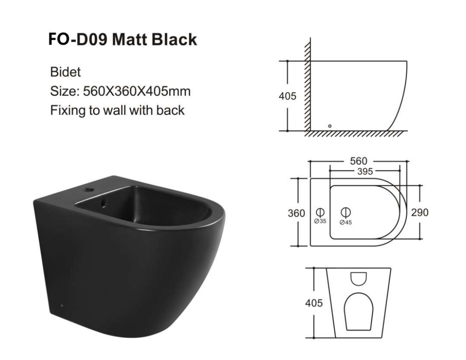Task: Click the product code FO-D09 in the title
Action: [x=78, y=39]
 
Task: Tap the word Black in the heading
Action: [x=174, y=39]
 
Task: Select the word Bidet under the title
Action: [x=65, y=72]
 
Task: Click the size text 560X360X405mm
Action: [x=137, y=91]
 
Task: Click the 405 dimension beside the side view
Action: [x=287, y=96]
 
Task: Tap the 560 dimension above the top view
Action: [x=358, y=161]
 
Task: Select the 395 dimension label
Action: [x=365, y=172]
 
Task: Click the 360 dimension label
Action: [x=296, y=213]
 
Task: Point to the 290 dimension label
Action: [x=420, y=212]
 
